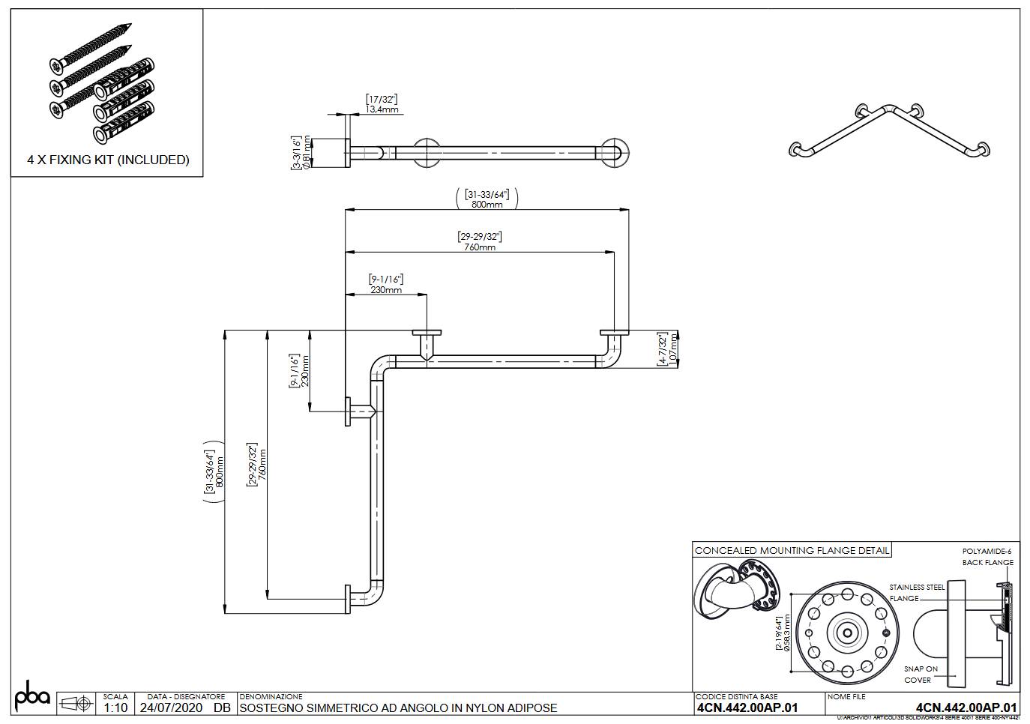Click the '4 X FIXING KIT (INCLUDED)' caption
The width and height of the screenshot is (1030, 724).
point(108,160)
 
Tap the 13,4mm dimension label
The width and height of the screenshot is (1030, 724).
point(382,109)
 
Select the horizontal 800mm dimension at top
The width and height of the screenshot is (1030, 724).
point(487,204)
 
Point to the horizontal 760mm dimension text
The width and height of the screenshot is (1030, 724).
point(480,247)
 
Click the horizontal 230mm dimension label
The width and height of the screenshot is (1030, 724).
point(386,289)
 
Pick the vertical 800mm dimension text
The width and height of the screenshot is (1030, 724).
point(220,472)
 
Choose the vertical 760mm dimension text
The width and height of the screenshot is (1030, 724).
point(262,465)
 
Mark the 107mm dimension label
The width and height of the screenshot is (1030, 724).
point(672,349)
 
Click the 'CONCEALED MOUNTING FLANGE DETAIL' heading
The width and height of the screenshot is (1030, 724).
point(792,550)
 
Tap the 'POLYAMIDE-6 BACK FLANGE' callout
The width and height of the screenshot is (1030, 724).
point(987,557)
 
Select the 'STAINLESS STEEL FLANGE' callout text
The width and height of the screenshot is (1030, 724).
point(916,593)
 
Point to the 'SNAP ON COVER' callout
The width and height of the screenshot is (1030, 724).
point(920,675)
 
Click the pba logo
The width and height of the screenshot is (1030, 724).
point(32,696)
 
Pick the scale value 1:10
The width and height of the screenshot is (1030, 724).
point(115,708)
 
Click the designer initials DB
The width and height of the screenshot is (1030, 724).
point(222,708)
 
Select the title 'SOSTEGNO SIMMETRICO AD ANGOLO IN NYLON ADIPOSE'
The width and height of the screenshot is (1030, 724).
point(398,708)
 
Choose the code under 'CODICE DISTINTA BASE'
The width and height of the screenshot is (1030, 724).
point(747,708)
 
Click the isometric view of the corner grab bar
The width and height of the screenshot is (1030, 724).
point(889,132)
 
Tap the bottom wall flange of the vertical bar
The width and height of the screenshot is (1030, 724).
point(347,600)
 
